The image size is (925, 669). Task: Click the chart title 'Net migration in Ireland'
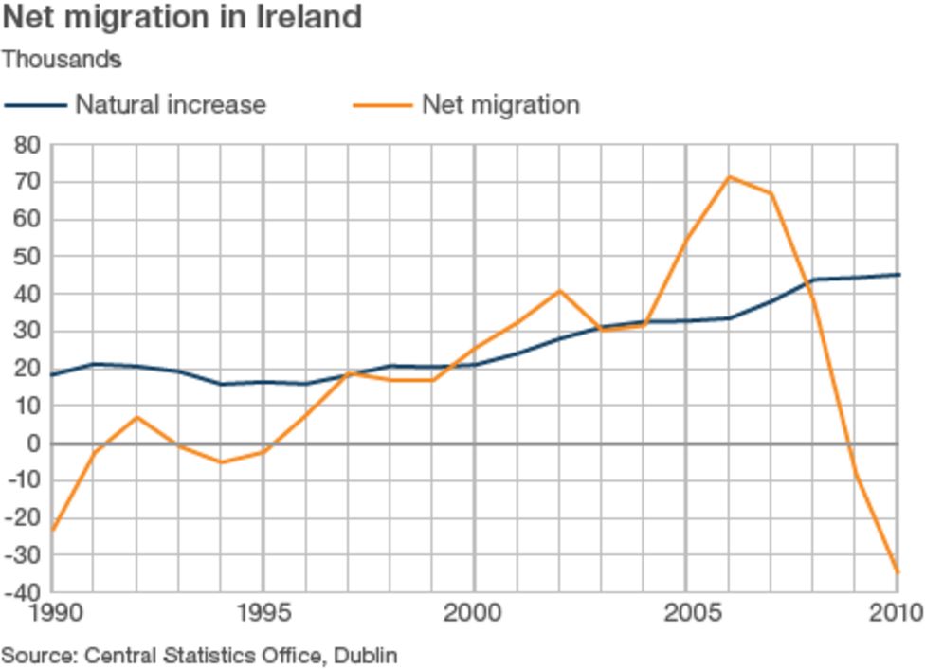[182, 17]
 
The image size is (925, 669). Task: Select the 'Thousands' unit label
[62, 59]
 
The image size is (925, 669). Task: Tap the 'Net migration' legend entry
[499, 104]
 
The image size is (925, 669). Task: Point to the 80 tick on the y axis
[27, 145]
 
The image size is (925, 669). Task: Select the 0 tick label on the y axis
[35, 443]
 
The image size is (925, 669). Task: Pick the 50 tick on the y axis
[27, 257]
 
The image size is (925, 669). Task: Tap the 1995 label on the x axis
[263, 614]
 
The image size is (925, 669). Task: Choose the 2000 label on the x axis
[474, 614]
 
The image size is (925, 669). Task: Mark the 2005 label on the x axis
[686, 614]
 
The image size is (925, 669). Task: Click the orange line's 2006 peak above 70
[729, 177]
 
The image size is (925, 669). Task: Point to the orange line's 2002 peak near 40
[559, 291]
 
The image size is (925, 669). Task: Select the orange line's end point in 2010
[897, 572]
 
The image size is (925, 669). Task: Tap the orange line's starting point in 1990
[51, 531]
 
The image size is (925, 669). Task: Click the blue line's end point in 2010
[897, 275]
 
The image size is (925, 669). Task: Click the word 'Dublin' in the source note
[367, 655]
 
